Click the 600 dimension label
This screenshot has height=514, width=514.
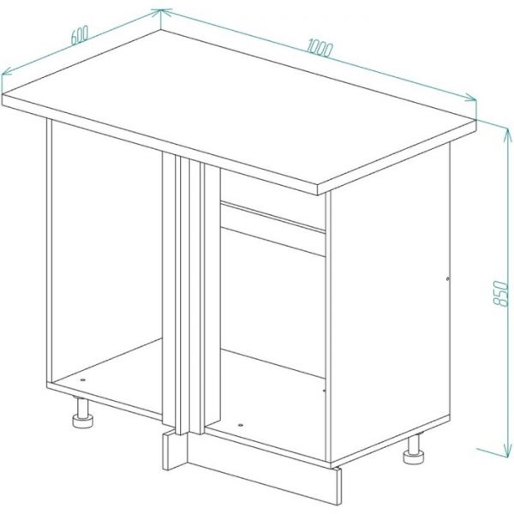pos(80,35)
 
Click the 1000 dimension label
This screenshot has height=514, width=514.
pos(320,48)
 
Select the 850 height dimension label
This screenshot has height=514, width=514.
pos(500,293)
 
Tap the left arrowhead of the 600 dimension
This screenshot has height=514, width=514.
pos(6,72)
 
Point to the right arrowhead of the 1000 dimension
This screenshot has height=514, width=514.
pos(471,98)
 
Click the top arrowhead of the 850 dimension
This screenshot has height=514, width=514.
pos(507,134)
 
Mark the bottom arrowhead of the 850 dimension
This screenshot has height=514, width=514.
pos(507,450)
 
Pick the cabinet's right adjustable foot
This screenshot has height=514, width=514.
pos(414,450)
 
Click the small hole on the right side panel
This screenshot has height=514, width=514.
pos(448,279)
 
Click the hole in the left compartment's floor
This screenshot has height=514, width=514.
pos(82,380)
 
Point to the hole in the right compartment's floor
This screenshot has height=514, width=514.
pos(241,425)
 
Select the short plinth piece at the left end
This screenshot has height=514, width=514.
pos(175,450)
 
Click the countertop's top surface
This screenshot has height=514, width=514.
pos(239,108)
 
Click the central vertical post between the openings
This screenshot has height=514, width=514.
pos(190,295)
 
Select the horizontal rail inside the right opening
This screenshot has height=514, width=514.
pos(273,229)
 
